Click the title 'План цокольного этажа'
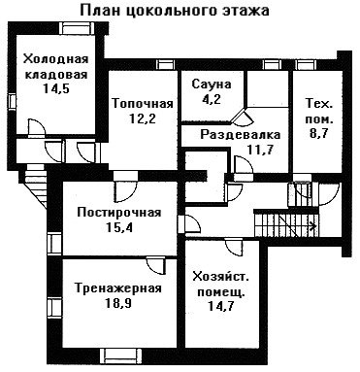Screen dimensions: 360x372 coord(175,11)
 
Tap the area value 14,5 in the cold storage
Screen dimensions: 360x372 coord(56,88)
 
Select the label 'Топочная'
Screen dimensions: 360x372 coord(143,104)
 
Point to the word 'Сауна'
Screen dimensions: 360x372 coord(212,85)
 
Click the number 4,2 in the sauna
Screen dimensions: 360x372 coord(212,99)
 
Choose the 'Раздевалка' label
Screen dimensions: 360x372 coord(240,134)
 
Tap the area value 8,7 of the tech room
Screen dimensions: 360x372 coord(319,133)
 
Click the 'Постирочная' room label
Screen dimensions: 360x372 coord(119,213)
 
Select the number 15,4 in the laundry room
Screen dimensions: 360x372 coord(119,228)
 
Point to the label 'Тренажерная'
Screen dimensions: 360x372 coord(118,288)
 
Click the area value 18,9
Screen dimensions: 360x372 coord(118,303)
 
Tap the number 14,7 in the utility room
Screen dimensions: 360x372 coord(221,306)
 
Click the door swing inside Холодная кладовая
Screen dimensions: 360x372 coord(37,128)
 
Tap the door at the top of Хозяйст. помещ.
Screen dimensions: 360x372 coord(234,247)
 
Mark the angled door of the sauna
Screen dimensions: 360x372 coord(244,117)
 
